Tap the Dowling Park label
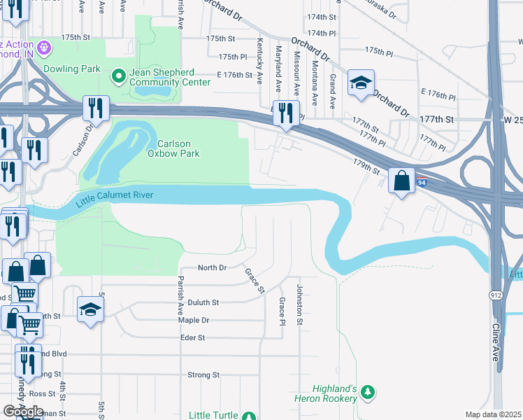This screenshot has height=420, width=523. pyautogui.click(x=71, y=69)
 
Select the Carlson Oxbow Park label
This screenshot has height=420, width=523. pyautogui.click(x=173, y=148)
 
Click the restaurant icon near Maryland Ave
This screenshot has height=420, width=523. pyautogui.click(x=285, y=112)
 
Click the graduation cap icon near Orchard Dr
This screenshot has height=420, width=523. pyautogui.click(x=361, y=83)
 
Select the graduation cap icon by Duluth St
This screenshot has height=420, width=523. pyautogui.click(x=90, y=310)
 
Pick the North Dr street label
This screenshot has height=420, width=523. pyautogui.click(x=213, y=268)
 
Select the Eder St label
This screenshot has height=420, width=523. pyautogui.click(x=192, y=337)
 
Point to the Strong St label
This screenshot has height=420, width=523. pyautogui.click(x=203, y=375)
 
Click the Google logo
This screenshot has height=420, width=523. pyautogui.click(x=23, y=412)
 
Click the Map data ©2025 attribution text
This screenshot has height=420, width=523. pyautogui.click(x=493, y=414)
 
